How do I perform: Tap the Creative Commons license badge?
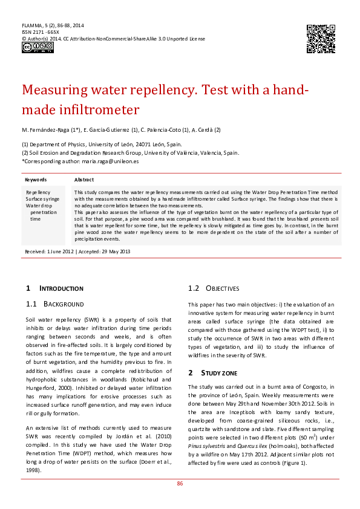tap(30, 47)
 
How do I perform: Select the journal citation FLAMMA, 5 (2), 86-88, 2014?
tap(53, 25)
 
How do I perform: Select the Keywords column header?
tap(36, 180)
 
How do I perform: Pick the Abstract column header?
tap(84, 180)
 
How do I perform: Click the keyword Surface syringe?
tap(42, 198)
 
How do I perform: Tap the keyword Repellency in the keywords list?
tap(38, 191)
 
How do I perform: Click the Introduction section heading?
tap(61, 288)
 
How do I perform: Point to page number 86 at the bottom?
tap(180, 484)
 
